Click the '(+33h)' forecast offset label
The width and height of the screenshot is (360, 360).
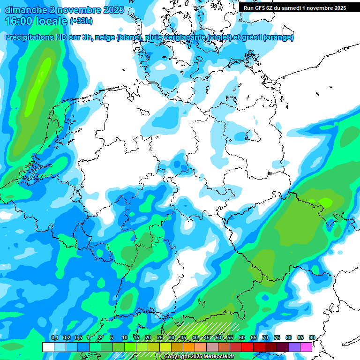[81, 21]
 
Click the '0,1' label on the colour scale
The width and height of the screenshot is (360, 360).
[54, 338]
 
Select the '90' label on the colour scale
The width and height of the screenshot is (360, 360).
[312, 338]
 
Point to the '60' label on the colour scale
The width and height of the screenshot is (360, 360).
[242, 338]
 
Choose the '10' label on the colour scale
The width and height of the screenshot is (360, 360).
[125, 338]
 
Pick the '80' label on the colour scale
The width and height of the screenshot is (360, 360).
[288, 338]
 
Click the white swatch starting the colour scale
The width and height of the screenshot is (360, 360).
[48, 347]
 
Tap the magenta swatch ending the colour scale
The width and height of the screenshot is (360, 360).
[306, 347]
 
